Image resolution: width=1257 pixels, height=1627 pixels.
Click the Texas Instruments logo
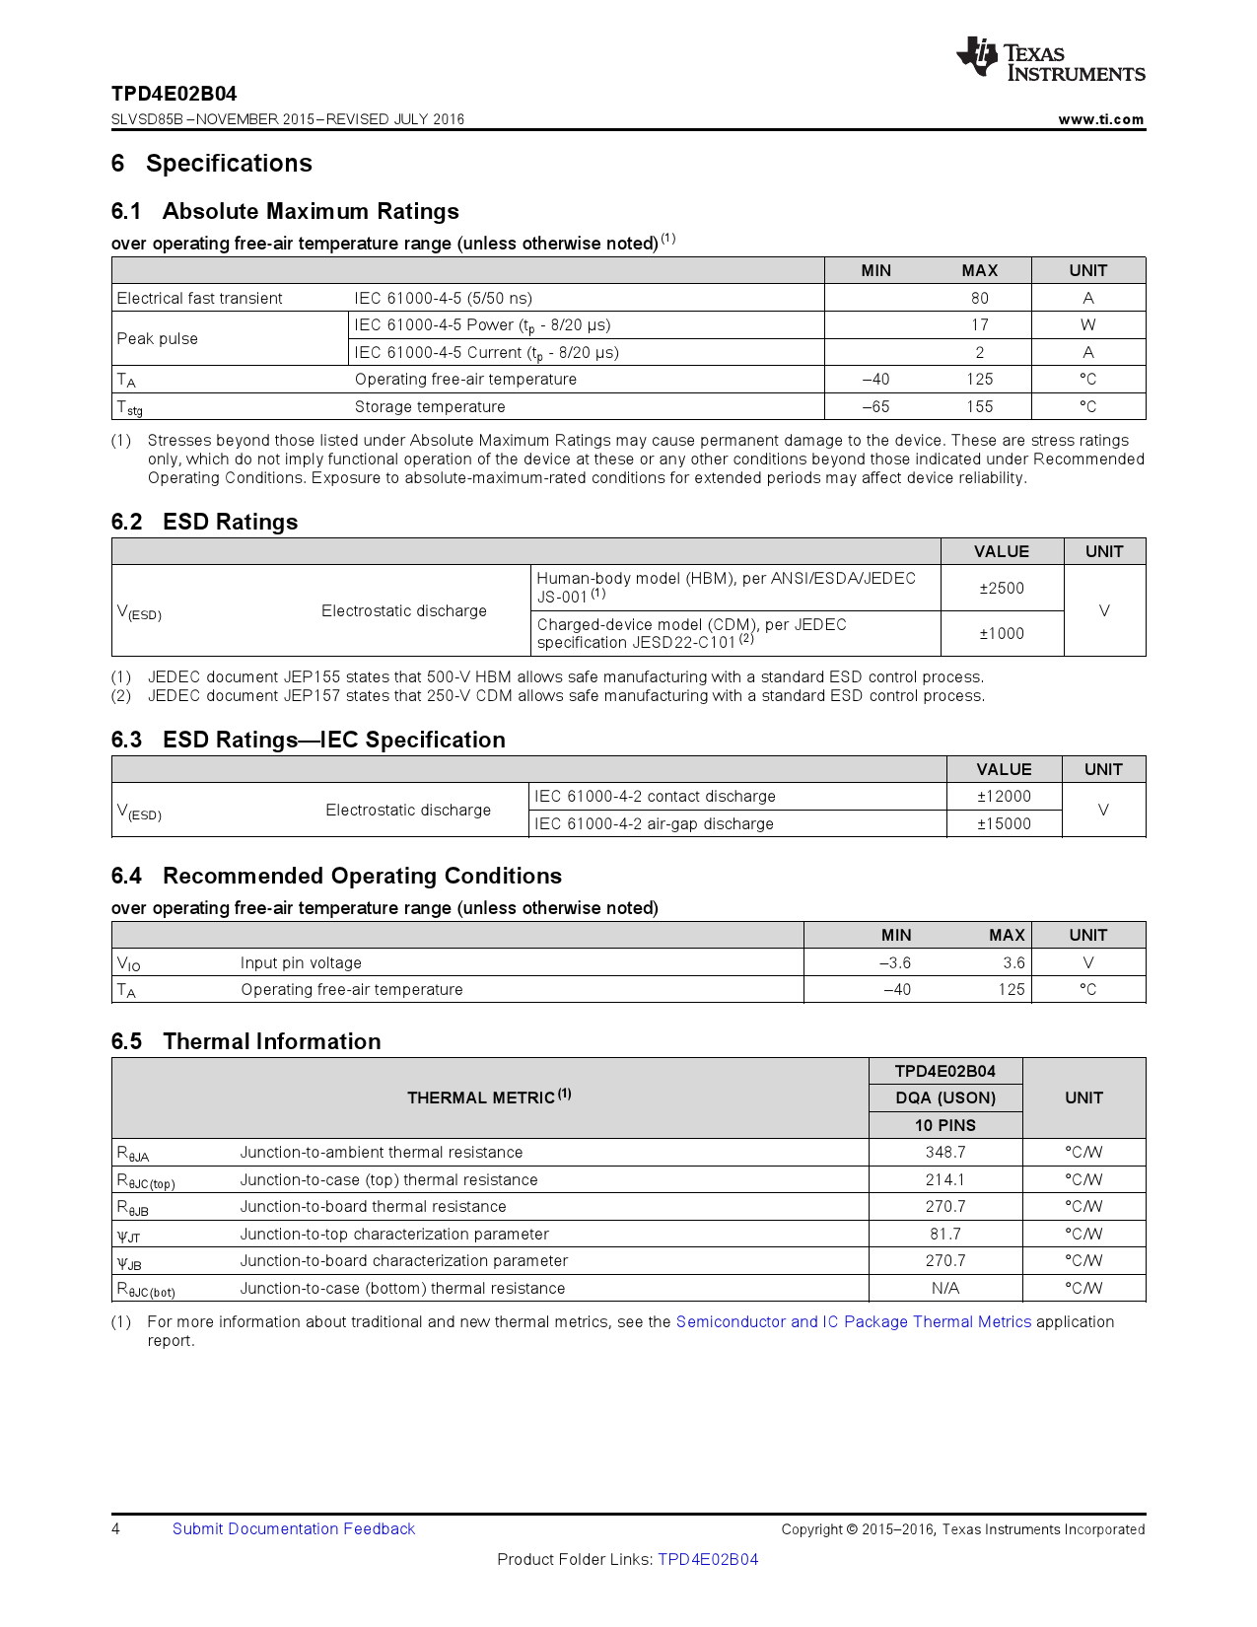(1050, 60)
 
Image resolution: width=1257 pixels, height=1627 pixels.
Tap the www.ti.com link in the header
(1100, 119)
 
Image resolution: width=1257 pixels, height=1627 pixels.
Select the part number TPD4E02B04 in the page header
(175, 94)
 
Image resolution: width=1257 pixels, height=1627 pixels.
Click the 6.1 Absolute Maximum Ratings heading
(285, 211)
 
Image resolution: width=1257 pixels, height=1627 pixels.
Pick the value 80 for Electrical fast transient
(979, 298)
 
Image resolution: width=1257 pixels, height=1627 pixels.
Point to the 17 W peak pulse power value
(979, 325)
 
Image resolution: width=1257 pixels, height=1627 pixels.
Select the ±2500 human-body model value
(1001, 588)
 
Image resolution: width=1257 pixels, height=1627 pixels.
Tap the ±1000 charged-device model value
(1001, 633)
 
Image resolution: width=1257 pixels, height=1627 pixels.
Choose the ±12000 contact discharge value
(1004, 796)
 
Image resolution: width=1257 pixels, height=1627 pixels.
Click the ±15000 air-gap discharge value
(1004, 823)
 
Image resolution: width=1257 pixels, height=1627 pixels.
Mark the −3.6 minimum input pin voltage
(895, 962)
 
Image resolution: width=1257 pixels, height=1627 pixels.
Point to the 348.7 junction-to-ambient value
(944, 1152)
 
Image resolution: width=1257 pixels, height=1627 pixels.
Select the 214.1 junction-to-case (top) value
(944, 1179)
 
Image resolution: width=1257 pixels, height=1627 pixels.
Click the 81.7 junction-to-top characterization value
(944, 1234)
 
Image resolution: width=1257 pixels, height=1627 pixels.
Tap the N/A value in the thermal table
(944, 1288)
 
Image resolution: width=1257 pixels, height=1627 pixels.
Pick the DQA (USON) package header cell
(944, 1097)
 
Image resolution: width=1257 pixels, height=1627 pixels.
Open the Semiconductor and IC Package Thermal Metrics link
(853, 1321)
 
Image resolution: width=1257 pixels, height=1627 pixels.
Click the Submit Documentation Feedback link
(294, 1528)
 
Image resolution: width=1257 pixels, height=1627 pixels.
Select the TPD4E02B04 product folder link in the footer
(708, 1559)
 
